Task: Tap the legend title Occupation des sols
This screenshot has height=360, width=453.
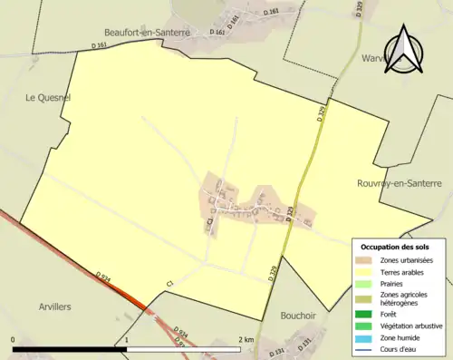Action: (x=395, y=247)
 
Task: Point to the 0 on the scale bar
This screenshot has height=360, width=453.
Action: (x=14, y=340)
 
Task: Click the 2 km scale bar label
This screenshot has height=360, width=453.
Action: (x=245, y=340)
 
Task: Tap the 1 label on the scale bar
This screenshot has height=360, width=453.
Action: (x=128, y=340)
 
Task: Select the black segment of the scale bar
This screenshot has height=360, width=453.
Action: (x=70, y=348)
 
